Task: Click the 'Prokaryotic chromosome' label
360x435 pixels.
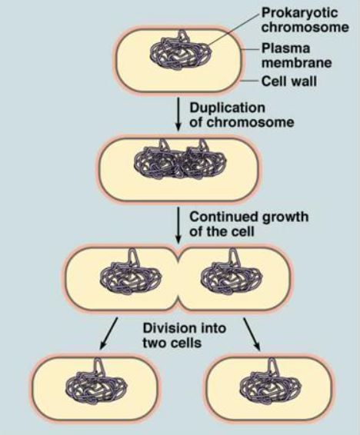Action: pos(305,20)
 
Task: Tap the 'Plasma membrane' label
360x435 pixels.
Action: pos(296,56)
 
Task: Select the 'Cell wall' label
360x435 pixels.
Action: pos(289,81)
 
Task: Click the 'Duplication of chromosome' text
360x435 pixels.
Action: pos(242,115)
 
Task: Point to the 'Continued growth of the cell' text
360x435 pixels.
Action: pos(248,224)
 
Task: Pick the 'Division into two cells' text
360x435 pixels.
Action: pos(185,335)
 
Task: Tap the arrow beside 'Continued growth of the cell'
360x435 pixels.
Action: pos(178,224)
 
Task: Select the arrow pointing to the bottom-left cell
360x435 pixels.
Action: pos(108,333)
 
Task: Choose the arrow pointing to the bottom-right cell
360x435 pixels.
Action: pos(252,334)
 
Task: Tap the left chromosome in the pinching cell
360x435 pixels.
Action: pos(130,274)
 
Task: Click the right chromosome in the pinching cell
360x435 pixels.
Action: pos(232,274)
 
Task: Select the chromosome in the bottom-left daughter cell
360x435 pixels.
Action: pos(96,382)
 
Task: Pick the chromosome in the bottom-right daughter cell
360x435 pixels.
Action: pos(271,382)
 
